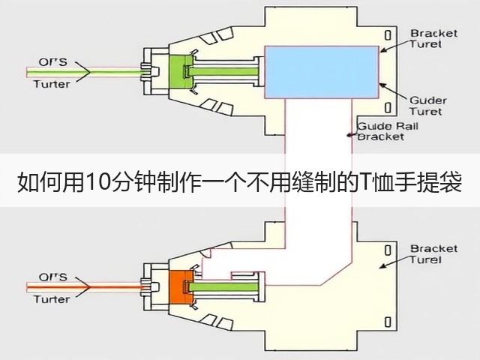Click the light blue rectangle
click(322, 72)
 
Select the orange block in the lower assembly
click(179, 287)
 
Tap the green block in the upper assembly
click(179, 73)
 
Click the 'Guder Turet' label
click(428, 106)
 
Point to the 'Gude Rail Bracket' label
click(388, 131)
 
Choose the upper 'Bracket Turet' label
click(433, 38)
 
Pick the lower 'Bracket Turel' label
click(433, 254)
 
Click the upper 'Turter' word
click(52, 84)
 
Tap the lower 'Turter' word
click(52, 299)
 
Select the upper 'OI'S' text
click(52, 61)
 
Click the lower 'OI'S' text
click(52, 277)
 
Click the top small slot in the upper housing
click(388, 35)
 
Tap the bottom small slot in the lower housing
click(388, 322)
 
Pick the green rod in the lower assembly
click(224, 287)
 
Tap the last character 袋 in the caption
click(451, 183)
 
